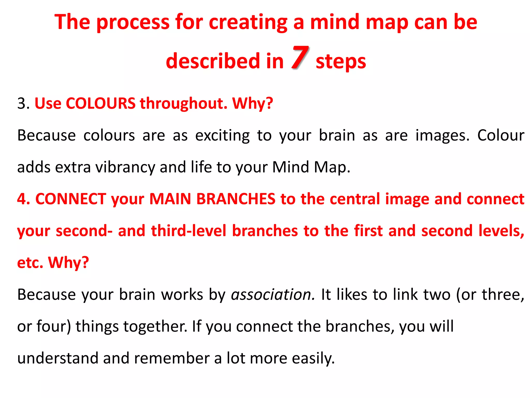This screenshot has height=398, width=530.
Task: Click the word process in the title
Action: [x=133, y=23]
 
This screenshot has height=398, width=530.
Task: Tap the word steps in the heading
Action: [x=341, y=62]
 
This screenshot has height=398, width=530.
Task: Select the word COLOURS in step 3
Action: [x=100, y=103]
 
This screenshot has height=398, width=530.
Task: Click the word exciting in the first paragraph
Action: [x=222, y=136]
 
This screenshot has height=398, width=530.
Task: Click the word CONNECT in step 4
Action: [x=71, y=199]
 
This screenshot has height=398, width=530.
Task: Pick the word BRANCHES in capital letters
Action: [x=235, y=199]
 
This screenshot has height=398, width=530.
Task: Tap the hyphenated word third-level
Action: [x=188, y=231]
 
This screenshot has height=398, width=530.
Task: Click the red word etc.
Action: [x=30, y=263]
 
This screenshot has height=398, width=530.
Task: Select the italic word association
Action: [x=273, y=295]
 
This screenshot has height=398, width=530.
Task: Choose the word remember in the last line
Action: [x=171, y=358]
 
